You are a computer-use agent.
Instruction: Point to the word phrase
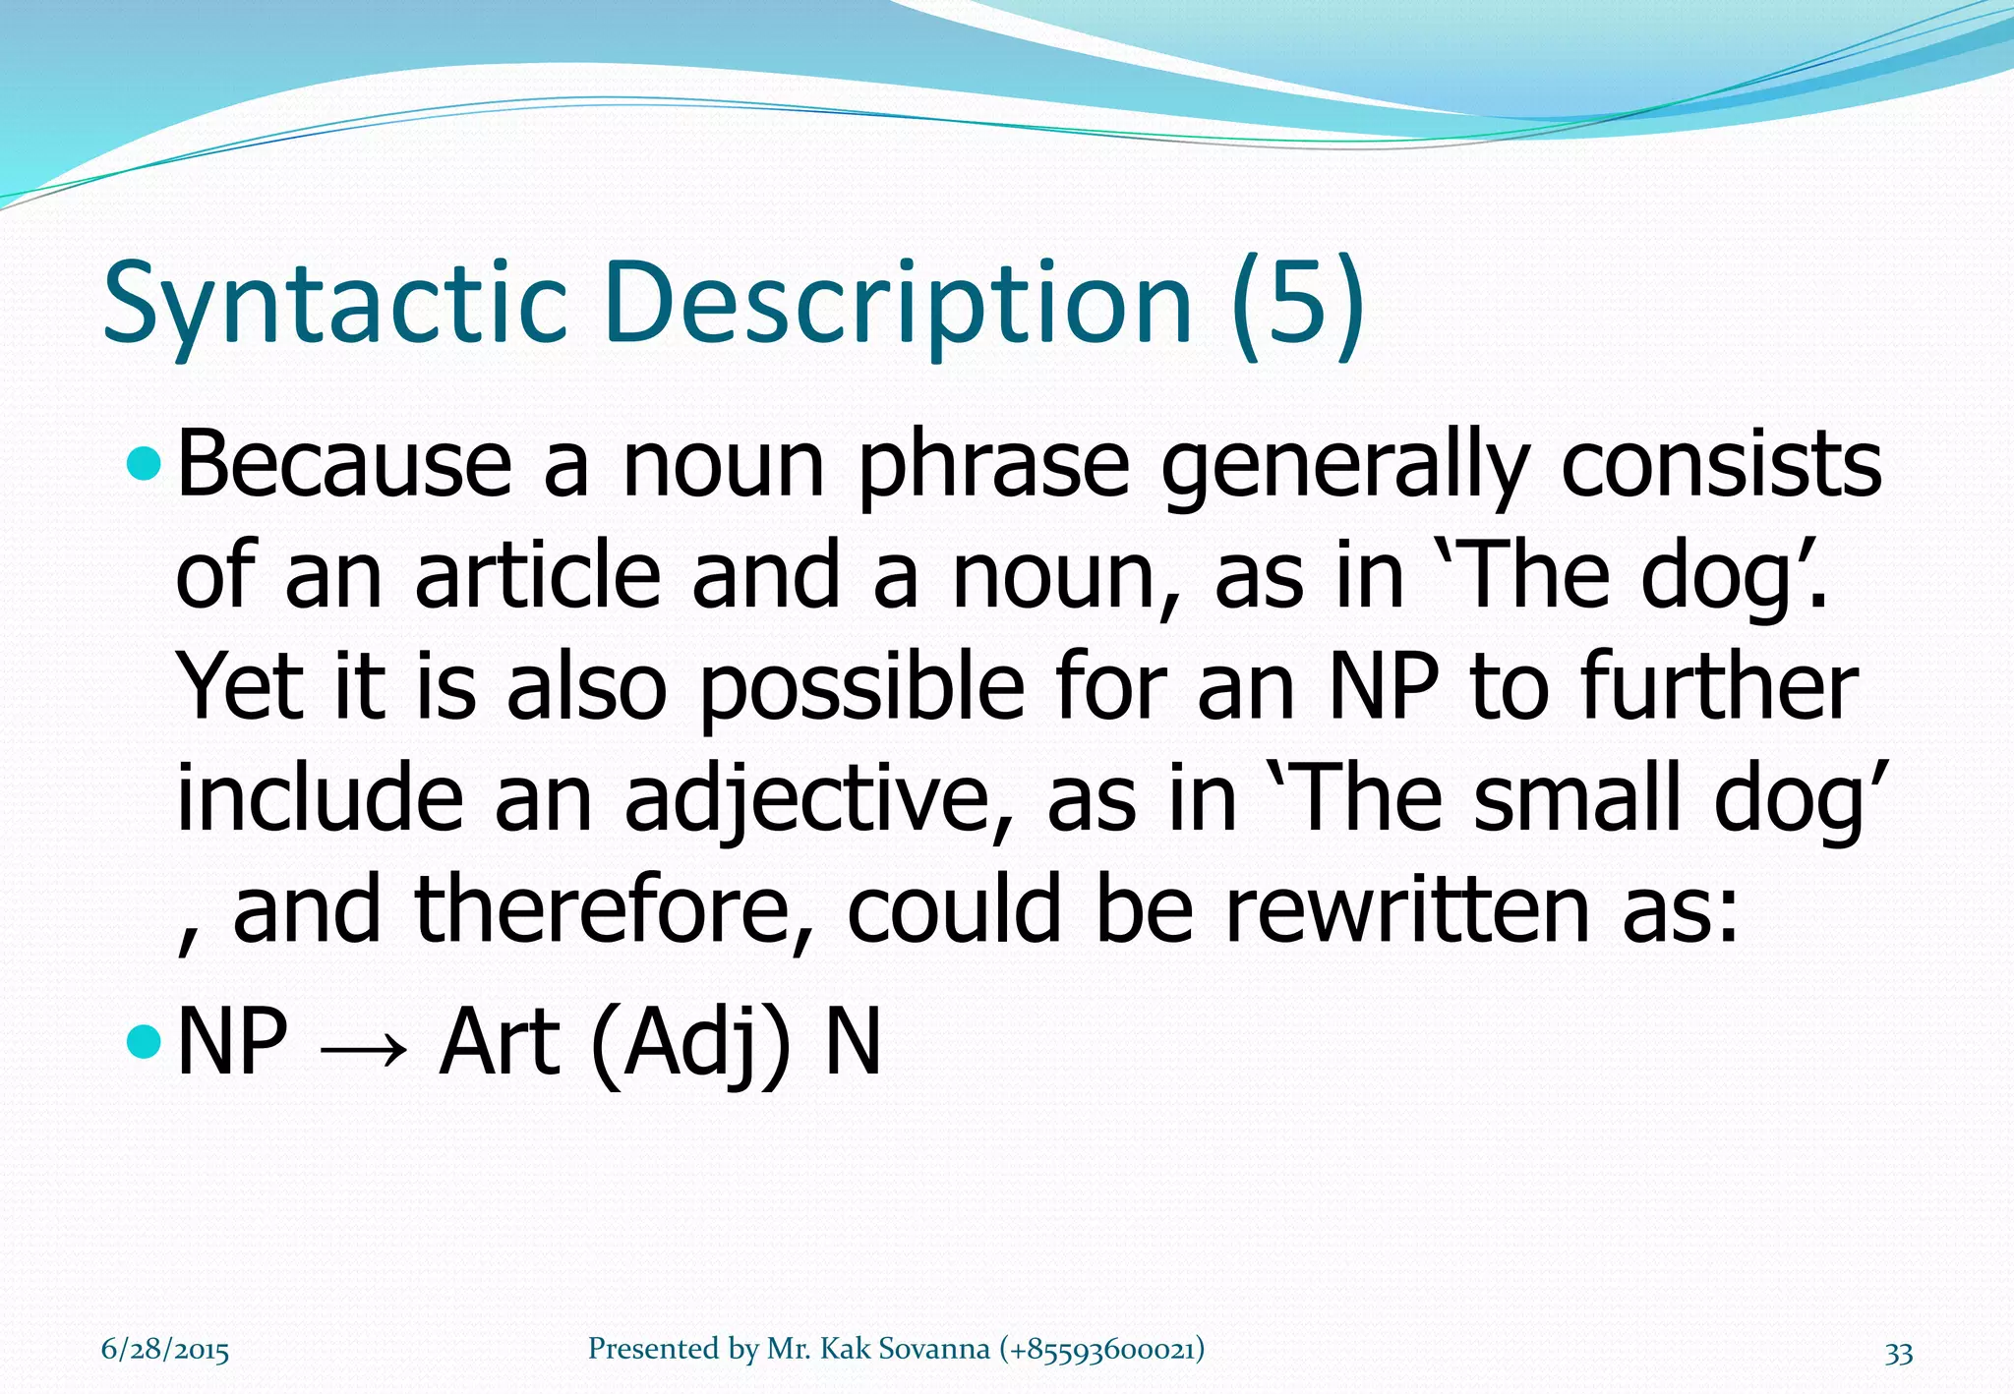[994, 466]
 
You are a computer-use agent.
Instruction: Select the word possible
[860, 687]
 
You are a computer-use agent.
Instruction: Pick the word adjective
[805, 799]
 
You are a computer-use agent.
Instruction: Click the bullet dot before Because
[145, 464]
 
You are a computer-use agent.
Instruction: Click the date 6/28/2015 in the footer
[165, 1350]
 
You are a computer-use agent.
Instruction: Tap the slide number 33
[1898, 1353]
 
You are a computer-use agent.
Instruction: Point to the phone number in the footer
[1101, 1349]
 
